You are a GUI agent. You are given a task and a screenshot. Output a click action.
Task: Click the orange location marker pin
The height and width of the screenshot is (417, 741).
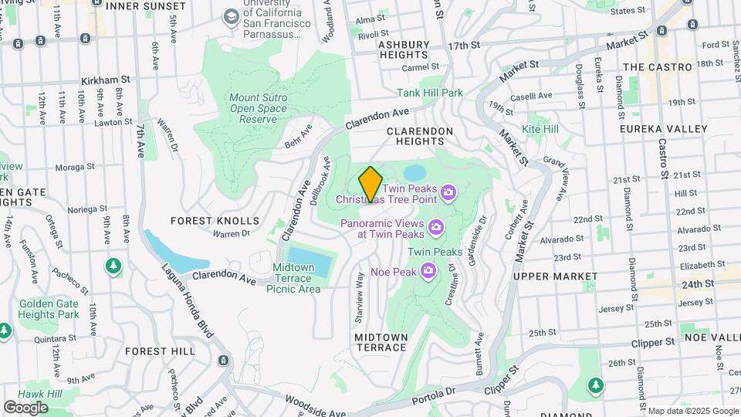pos(370,184)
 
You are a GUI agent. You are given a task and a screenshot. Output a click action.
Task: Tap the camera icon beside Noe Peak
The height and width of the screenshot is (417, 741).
pos(430,270)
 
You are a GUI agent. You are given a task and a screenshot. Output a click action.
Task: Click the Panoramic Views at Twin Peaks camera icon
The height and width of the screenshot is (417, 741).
pos(436,226)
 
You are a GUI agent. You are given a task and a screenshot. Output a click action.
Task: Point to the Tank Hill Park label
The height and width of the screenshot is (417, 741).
pos(430,93)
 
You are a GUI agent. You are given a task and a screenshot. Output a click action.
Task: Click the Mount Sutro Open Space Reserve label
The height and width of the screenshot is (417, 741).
pos(258,109)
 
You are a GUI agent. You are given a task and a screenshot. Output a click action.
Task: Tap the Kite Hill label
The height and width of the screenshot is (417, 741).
pos(540,129)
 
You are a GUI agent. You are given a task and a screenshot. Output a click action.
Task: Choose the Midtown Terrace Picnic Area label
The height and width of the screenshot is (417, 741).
pos(293,278)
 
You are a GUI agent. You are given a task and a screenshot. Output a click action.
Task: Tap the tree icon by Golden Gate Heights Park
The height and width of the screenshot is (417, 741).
pos(113,266)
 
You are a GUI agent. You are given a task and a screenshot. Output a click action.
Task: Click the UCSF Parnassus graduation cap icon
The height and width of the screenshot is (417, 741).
pos(231,17)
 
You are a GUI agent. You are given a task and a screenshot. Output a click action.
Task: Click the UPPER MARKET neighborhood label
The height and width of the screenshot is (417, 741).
pos(555,276)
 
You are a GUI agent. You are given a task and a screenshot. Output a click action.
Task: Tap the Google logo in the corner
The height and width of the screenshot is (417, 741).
pos(25,407)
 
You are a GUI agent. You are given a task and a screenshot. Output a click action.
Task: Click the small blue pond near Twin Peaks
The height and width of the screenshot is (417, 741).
pos(414,171)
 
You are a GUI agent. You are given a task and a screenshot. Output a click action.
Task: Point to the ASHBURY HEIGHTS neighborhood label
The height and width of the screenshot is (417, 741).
pos(404,50)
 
